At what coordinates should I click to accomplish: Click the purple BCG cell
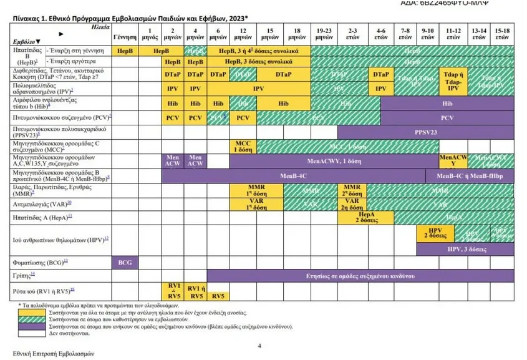(124, 262)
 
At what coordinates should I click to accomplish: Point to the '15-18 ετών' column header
(503, 34)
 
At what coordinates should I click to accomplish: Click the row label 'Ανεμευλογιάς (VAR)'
(43, 203)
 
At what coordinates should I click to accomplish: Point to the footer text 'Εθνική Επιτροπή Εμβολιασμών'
(53, 353)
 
